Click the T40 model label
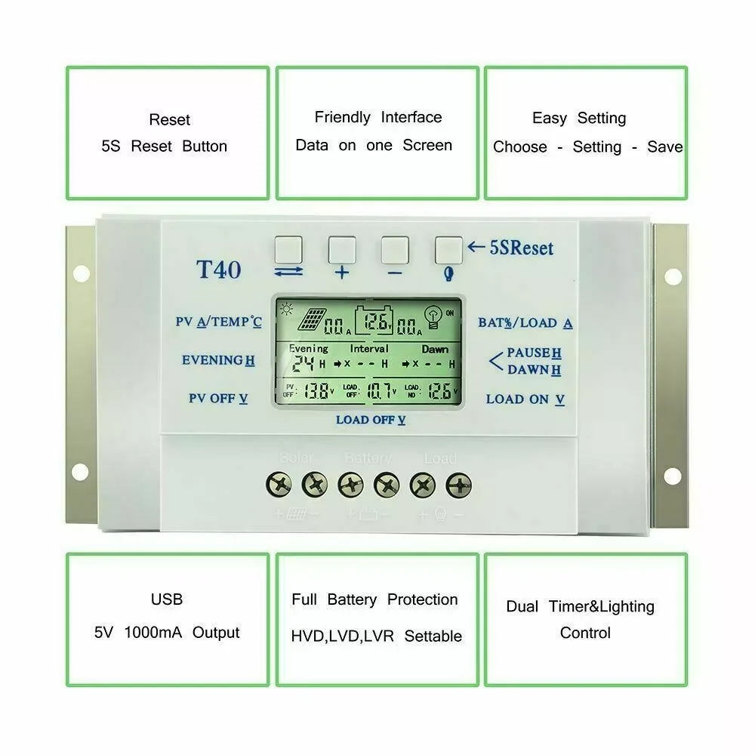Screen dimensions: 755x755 (x=218, y=270)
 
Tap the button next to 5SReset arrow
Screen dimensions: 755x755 (x=448, y=248)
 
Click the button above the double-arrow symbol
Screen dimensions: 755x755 (x=288, y=248)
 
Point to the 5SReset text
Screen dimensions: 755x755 (x=520, y=248)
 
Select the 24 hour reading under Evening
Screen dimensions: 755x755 (x=304, y=363)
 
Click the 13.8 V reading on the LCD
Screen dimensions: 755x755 (x=317, y=390)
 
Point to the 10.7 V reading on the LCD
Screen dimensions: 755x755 (x=377, y=390)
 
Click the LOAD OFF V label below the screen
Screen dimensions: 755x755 (x=371, y=420)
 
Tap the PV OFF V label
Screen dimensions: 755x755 (x=218, y=398)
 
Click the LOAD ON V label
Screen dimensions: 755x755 (x=525, y=399)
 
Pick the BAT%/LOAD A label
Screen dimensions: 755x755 (x=525, y=322)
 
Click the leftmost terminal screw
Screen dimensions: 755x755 (x=279, y=483)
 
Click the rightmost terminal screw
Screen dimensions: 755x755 (x=458, y=483)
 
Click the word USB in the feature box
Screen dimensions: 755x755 (x=167, y=599)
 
